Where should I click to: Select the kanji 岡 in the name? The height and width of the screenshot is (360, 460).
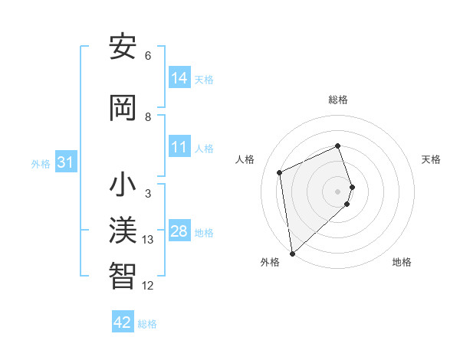coord(123,108)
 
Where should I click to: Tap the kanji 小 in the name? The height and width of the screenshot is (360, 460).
coord(123,186)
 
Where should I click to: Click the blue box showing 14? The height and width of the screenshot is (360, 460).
coord(179,77)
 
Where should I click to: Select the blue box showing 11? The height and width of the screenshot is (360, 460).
coord(179,147)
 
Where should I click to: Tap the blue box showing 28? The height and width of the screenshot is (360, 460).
coord(179,231)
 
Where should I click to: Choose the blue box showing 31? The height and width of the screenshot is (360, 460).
coord(65,162)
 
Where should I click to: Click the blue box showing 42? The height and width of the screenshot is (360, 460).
coord(123,322)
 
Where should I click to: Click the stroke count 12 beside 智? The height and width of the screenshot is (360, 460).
coord(148,285)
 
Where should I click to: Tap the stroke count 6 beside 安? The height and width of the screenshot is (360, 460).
coord(148,56)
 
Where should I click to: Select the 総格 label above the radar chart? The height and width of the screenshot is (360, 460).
coord(338,100)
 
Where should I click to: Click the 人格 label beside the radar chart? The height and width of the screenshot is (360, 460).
coord(245,159)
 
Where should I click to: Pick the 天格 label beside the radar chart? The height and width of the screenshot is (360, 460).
coord(431,159)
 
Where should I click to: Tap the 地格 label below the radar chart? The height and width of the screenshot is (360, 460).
coord(402,262)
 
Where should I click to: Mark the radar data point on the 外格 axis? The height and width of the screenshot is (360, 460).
coord(291,253)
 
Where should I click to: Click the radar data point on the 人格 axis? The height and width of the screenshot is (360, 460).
coord(280,172)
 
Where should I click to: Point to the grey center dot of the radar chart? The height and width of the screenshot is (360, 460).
coord(338,190)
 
